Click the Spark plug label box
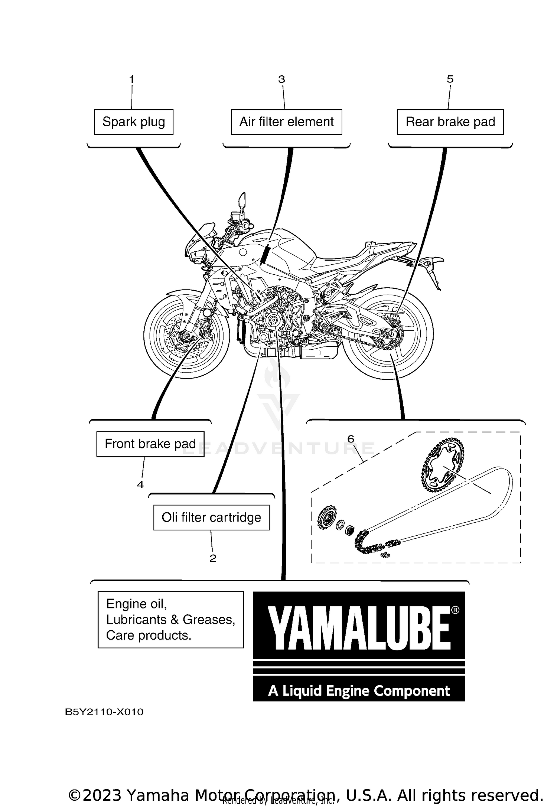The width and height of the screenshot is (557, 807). [133, 122]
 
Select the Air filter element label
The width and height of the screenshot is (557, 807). [286, 122]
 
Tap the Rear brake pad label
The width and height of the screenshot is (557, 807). [450, 122]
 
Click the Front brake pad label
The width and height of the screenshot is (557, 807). [150, 444]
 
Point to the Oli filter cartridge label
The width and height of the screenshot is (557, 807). [211, 517]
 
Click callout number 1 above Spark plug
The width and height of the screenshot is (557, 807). [131, 79]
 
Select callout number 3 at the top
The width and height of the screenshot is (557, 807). [281, 79]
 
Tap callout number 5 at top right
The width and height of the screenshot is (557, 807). [450, 79]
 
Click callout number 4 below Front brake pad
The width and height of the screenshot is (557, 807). [140, 484]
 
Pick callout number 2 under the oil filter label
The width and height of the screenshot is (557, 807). [213, 558]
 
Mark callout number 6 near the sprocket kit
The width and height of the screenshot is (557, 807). [351, 439]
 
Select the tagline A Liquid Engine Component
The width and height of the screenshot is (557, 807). [359, 691]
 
